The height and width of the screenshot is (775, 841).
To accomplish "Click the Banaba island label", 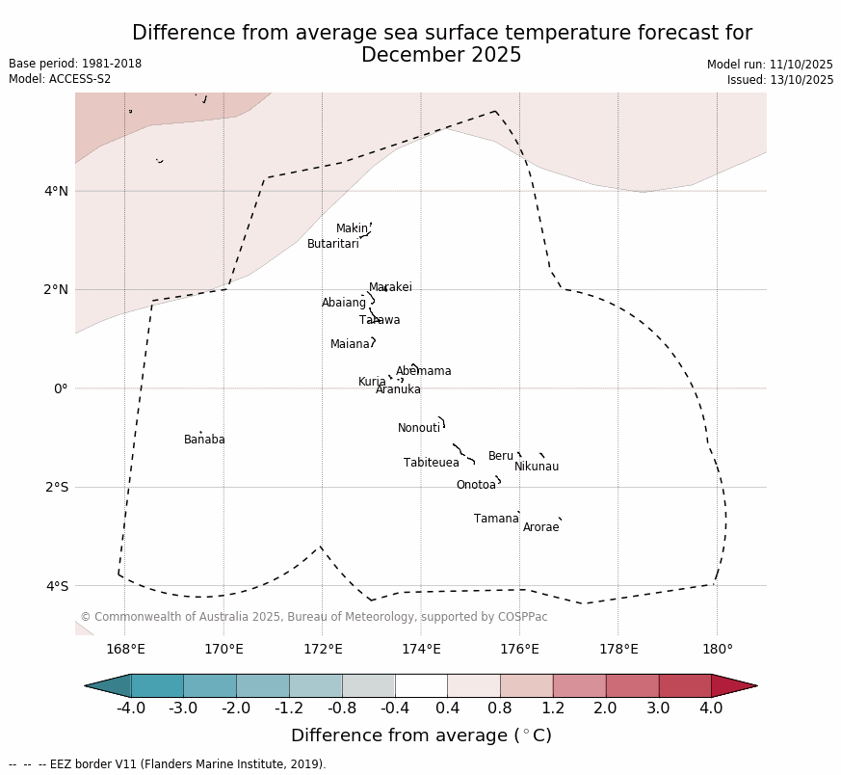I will pos(204,440).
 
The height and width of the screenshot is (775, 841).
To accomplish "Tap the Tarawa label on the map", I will pos(380,320).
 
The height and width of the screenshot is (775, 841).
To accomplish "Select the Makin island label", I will pos(352,228).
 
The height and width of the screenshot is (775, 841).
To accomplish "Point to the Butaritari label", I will pos(332,244).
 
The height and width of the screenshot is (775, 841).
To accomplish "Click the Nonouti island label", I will pos(418,428).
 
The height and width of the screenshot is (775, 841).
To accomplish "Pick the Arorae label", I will pos(540,527).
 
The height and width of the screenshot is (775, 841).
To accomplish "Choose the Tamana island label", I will pos(496,519).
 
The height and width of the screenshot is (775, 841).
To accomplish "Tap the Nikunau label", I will pos(536,467).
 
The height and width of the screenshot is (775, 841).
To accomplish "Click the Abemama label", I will pos(423,371).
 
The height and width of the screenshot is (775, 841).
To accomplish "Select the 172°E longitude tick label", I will pos(323,649).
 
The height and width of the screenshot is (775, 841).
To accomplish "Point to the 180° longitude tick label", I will pos(717,649).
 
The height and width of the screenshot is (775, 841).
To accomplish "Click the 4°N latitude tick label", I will pos(56,191).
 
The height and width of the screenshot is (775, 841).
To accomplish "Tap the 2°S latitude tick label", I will pos(56,487).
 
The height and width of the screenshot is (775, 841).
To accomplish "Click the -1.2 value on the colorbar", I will pos(289,708).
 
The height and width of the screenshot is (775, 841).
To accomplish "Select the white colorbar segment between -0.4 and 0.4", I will pos(421,685).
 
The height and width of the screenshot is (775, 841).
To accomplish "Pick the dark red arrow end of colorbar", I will pos(734,685).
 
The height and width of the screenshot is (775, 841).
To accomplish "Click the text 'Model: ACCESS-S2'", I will pos(60,79).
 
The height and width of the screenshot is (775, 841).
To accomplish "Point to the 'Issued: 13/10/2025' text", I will pos(780,80).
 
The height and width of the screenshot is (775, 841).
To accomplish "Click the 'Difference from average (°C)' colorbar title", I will pos(421,736).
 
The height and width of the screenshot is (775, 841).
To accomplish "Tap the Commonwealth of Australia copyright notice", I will pos(313,617).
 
